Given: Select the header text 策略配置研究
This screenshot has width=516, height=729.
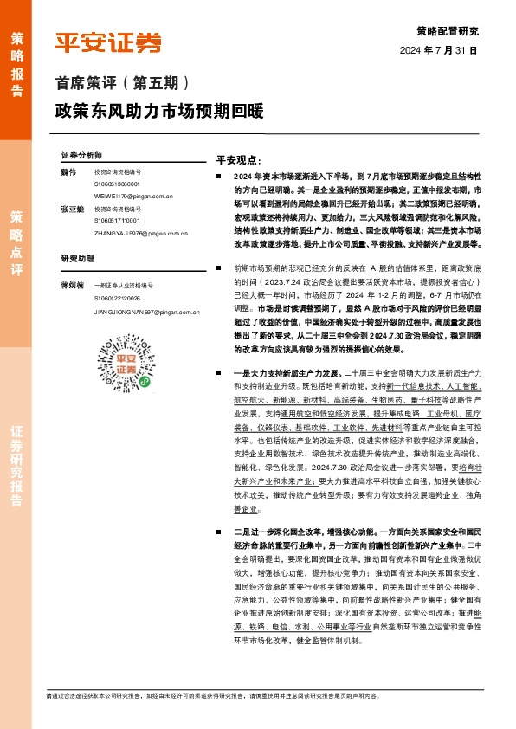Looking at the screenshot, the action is click(x=447, y=30).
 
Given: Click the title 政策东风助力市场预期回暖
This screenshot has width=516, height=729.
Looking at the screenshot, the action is click(x=158, y=113).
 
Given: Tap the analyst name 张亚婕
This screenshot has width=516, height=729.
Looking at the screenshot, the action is click(x=72, y=210).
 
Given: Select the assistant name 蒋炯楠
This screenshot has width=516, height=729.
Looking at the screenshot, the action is click(x=72, y=284).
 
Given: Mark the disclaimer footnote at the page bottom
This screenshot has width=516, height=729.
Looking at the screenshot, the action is click(x=243, y=695).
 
